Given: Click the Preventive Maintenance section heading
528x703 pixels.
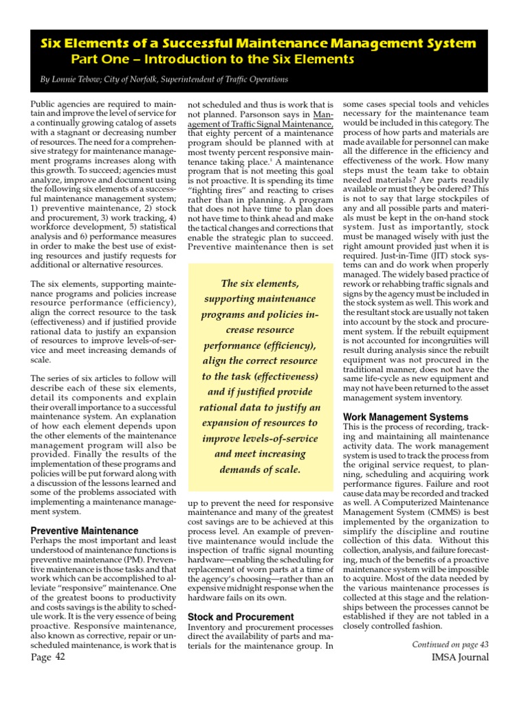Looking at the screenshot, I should [85, 531].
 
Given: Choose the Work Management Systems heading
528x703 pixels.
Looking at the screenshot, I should [406, 417].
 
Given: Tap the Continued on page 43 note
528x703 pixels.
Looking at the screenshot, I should [450, 644].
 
